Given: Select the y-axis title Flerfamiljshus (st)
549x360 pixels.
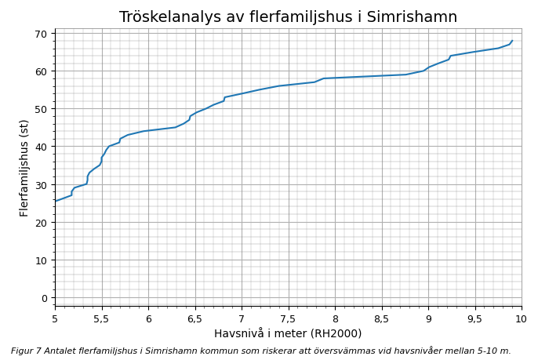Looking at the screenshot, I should [24, 168].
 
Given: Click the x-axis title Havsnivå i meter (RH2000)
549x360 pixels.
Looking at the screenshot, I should [288, 333].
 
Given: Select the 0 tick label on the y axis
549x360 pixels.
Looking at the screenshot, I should [45, 298].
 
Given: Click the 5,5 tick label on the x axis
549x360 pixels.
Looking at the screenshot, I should [101, 319].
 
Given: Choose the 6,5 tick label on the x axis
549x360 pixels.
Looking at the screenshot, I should [195, 319].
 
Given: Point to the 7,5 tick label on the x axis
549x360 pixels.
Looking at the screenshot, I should [288, 319].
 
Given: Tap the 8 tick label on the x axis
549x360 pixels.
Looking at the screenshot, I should [335, 319].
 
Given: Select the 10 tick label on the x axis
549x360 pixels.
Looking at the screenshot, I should [521, 319].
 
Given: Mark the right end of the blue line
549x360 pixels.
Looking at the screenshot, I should [512, 41].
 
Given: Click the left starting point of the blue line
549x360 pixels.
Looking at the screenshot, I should [56, 201].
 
